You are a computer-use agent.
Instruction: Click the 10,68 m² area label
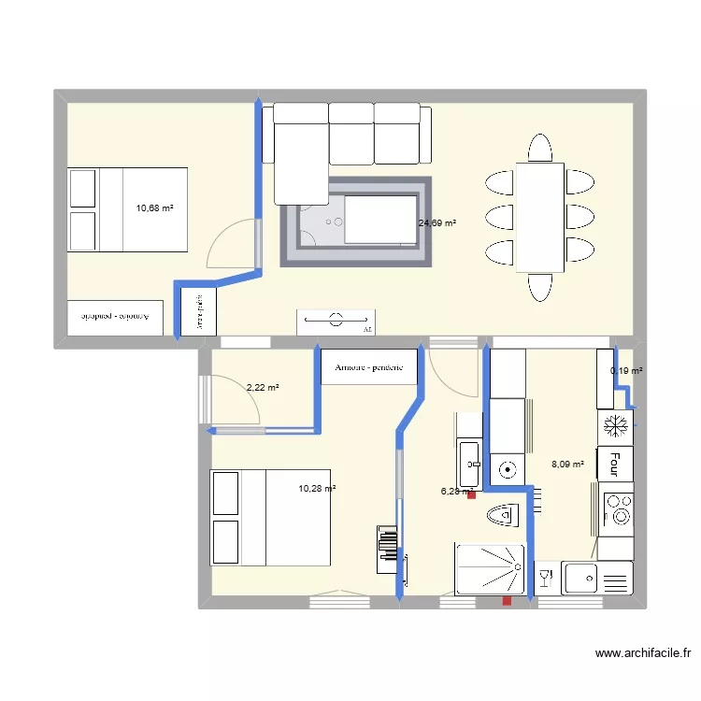point(155,207)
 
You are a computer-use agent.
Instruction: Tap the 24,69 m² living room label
point(437,223)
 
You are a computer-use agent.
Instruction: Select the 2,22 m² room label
point(263,387)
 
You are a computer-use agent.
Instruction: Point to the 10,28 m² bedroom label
point(317,488)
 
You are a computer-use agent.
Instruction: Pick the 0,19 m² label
point(626,371)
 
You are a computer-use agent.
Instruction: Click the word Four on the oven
point(615,463)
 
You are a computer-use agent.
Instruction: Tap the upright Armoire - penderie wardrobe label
point(368,367)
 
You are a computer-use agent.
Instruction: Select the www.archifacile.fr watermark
point(642,655)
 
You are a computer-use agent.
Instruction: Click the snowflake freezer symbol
point(615,425)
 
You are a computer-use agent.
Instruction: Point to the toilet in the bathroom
point(502,514)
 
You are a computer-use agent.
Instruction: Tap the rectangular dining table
point(540,217)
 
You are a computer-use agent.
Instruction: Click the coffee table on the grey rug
point(380,220)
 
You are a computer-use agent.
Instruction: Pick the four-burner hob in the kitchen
point(617,509)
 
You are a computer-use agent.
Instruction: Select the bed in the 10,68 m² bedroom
point(127,210)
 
